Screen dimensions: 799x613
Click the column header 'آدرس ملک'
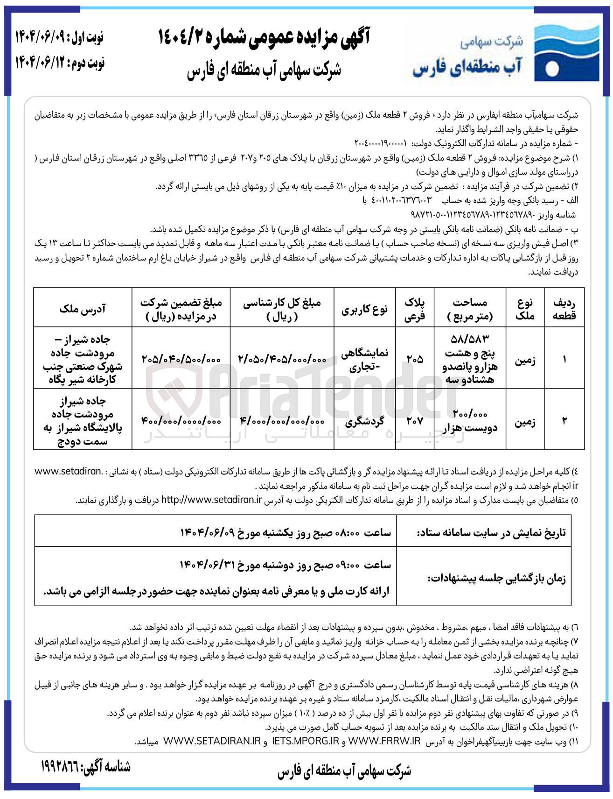pos(83,308)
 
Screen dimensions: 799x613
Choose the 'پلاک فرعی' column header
pos(415,308)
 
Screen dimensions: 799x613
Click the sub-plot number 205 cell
pos(415,359)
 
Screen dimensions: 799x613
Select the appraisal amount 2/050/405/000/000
pos(282,359)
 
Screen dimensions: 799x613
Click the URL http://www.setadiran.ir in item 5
pos(211,500)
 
